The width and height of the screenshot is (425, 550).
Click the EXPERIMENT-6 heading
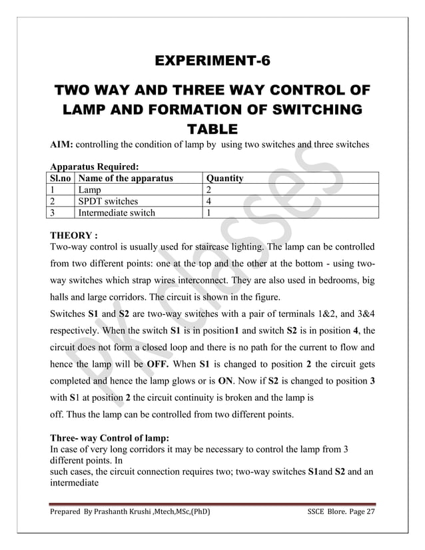point(212,63)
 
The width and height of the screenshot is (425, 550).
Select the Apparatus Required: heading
point(94,167)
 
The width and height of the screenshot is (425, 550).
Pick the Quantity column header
point(225,178)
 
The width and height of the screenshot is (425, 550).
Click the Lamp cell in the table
point(90,190)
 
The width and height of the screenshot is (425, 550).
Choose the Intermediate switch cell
point(117,213)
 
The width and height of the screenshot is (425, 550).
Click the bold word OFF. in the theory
point(157,365)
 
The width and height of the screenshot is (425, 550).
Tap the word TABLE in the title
point(212,129)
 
